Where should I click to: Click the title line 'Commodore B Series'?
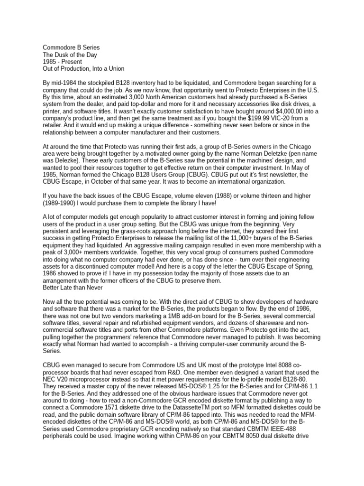[72, 48]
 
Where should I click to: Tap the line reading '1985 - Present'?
[63, 62]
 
